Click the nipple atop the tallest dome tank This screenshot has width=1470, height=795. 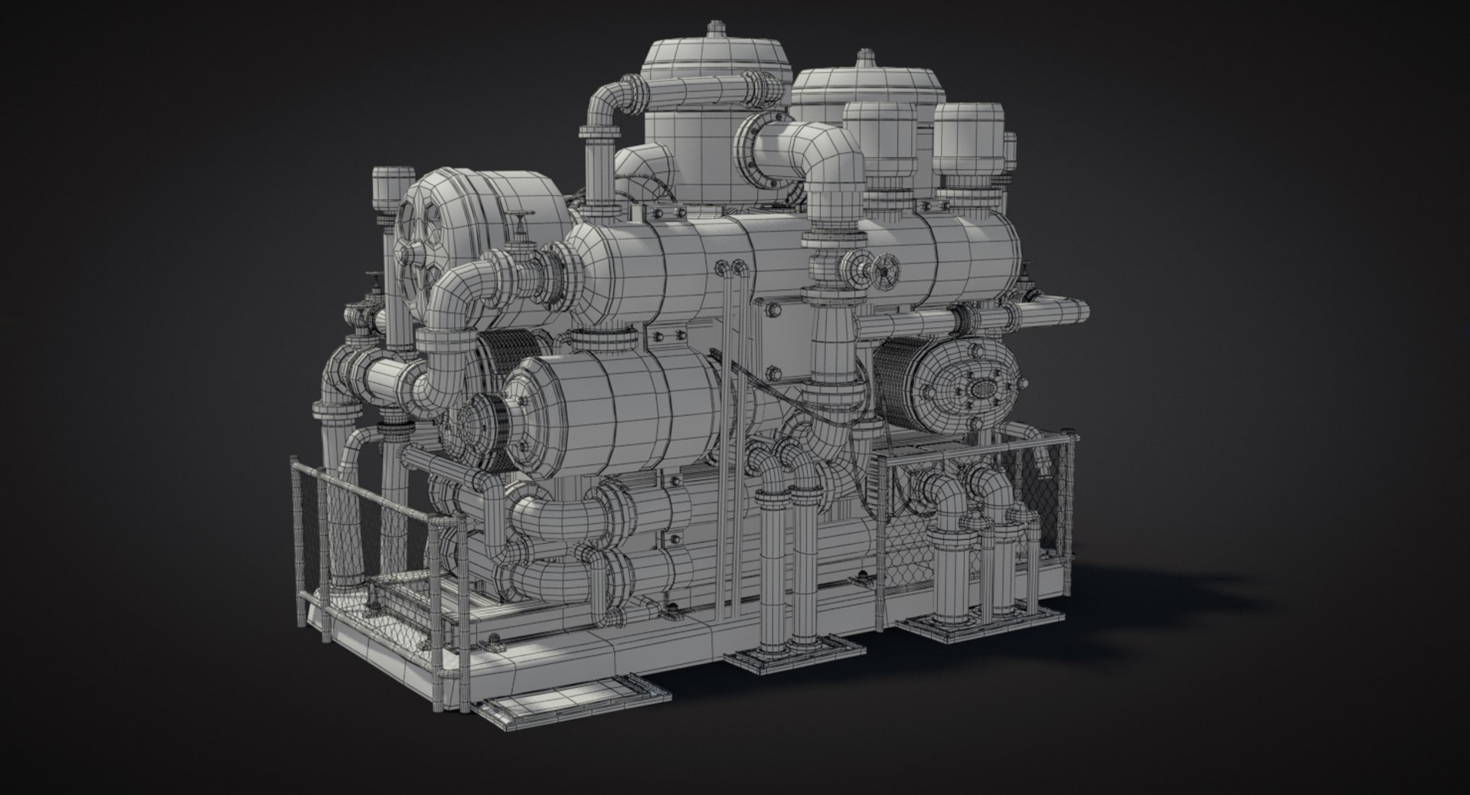(714, 30)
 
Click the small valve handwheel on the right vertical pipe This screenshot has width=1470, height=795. (888, 271)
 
